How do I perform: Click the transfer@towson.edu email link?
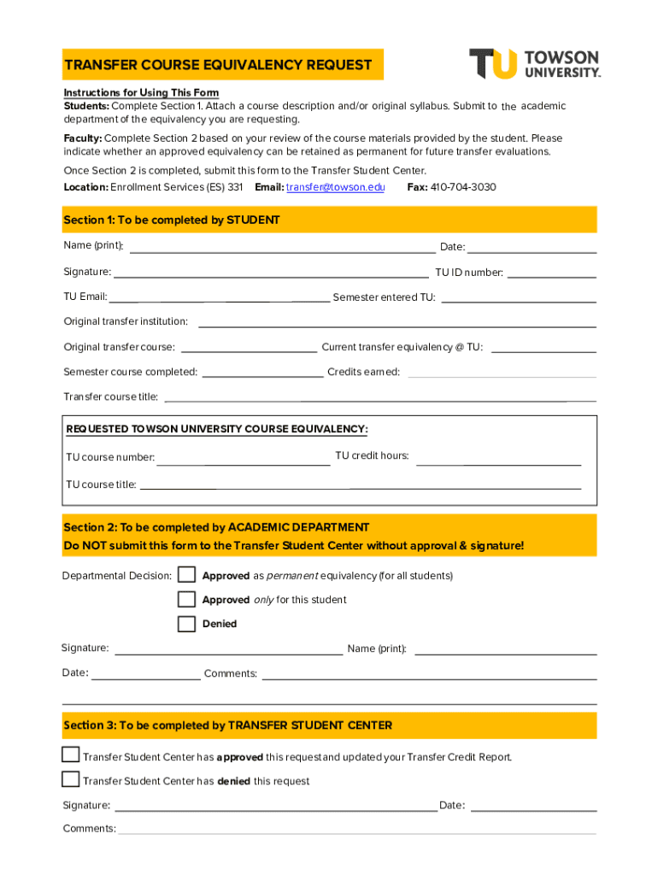[335, 187]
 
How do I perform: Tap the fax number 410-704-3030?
[463, 187]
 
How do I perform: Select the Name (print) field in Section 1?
[282, 248]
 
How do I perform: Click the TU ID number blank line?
[551, 273]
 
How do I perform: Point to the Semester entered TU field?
[518, 298]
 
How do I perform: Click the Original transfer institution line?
[397, 322]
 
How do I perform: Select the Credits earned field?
[502, 373]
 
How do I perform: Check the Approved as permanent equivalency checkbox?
[186, 575]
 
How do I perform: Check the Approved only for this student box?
[186, 599]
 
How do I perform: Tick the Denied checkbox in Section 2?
[186, 624]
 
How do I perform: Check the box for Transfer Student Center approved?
[71, 755]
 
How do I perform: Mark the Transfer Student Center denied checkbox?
[71, 778]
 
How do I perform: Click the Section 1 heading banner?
[329, 220]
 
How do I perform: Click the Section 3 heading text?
[227, 725]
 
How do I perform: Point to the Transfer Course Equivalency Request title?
[218, 65]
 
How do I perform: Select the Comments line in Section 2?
[429, 674]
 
